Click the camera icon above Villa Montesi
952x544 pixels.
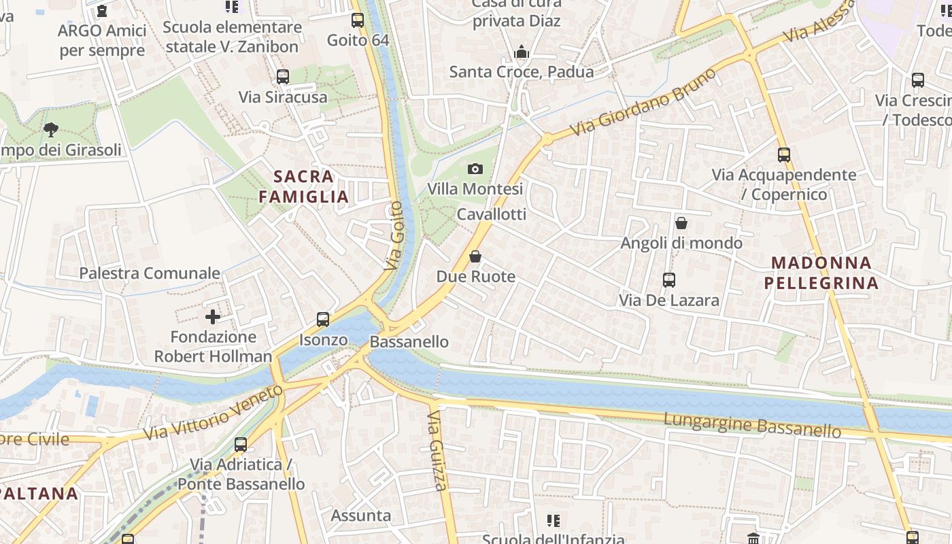pyautogui.click(x=475, y=169)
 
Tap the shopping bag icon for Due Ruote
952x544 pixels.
pyautogui.click(x=475, y=256)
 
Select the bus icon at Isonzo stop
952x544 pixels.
pyautogui.click(x=323, y=320)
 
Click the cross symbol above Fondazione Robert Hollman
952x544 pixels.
pyautogui.click(x=213, y=316)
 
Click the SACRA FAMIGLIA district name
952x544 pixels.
pyautogui.click(x=303, y=186)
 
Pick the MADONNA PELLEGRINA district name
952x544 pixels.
pyautogui.click(x=821, y=272)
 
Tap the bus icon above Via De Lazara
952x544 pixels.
pyautogui.click(x=669, y=279)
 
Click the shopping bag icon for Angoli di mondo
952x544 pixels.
pyautogui.click(x=681, y=223)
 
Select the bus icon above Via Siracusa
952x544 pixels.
pyautogui.click(x=283, y=77)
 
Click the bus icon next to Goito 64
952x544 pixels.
pyautogui.click(x=358, y=20)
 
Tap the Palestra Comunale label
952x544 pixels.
pyautogui.click(x=150, y=273)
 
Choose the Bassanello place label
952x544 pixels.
pyautogui.click(x=409, y=341)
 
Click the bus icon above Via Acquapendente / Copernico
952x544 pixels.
pyautogui.click(x=784, y=154)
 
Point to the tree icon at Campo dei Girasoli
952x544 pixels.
pyautogui.click(x=50, y=129)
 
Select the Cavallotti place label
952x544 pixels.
pyautogui.click(x=492, y=214)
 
